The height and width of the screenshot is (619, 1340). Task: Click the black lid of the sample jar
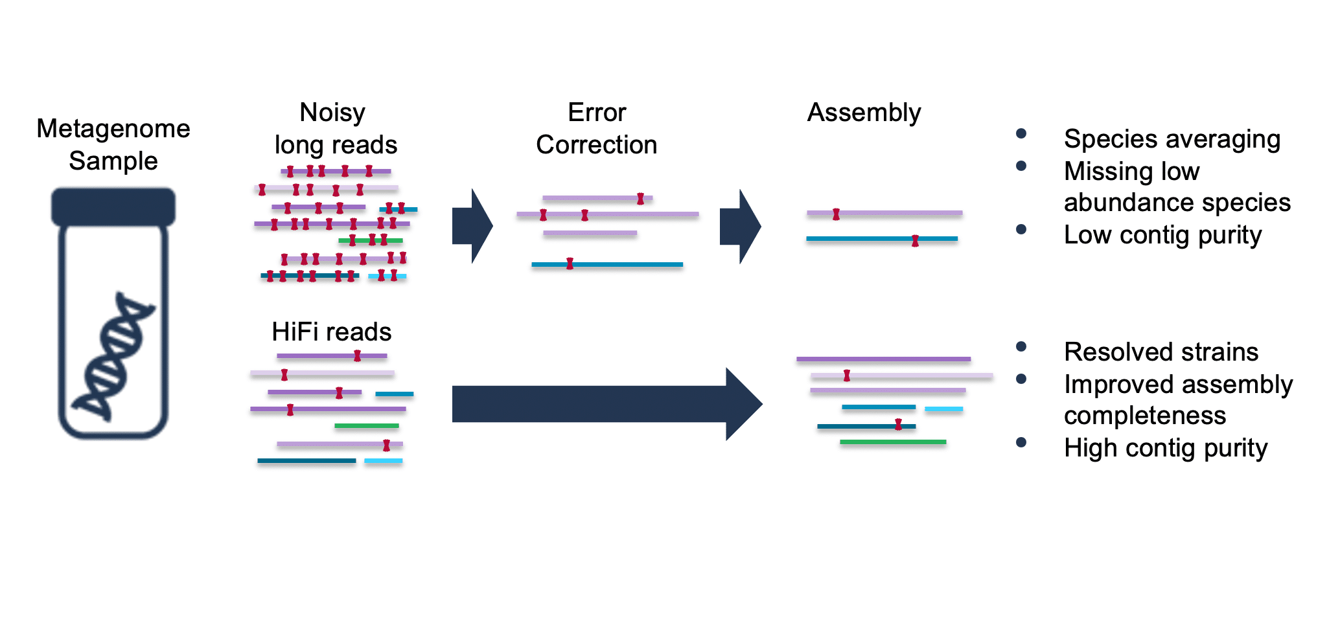(x=113, y=207)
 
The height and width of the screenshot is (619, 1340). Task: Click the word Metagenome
(x=113, y=129)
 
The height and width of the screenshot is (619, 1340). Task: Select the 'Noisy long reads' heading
(x=334, y=129)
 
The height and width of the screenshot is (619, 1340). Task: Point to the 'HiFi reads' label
(x=331, y=332)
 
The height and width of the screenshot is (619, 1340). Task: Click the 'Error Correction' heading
(x=596, y=129)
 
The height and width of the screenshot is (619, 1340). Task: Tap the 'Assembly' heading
(x=864, y=113)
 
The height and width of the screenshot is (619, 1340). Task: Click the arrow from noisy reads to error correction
(x=472, y=226)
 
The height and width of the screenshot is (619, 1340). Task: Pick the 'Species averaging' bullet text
(x=1172, y=139)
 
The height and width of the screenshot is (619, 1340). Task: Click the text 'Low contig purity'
(x=1162, y=235)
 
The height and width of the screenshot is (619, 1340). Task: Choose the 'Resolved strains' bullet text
(x=1161, y=352)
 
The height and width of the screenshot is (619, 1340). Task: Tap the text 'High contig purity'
(x=1165, y=448)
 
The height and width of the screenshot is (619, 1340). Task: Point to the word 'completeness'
(x=1144, y=416)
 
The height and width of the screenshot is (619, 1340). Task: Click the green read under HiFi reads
(x=366, y=426)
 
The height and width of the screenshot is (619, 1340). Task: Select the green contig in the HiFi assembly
(x=892, y=442)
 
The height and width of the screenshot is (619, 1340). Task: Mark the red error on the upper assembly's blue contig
(x=915, y=241)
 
